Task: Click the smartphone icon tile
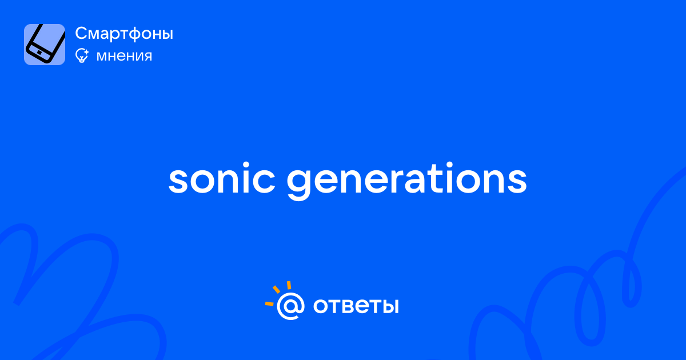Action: [45, 45]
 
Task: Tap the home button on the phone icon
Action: [39, 53]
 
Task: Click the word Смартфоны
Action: [124, 33]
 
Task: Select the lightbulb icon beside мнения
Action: [82, 55]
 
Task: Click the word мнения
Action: [124, 56]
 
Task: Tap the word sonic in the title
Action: [222, 178]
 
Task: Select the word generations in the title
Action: [406, 181]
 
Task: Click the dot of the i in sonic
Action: [245, 165]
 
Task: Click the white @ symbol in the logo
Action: [290, 306]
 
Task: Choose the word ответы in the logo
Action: [356, 306]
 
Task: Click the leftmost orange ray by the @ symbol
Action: [269, 303]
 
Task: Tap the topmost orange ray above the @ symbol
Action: [289, 285]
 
